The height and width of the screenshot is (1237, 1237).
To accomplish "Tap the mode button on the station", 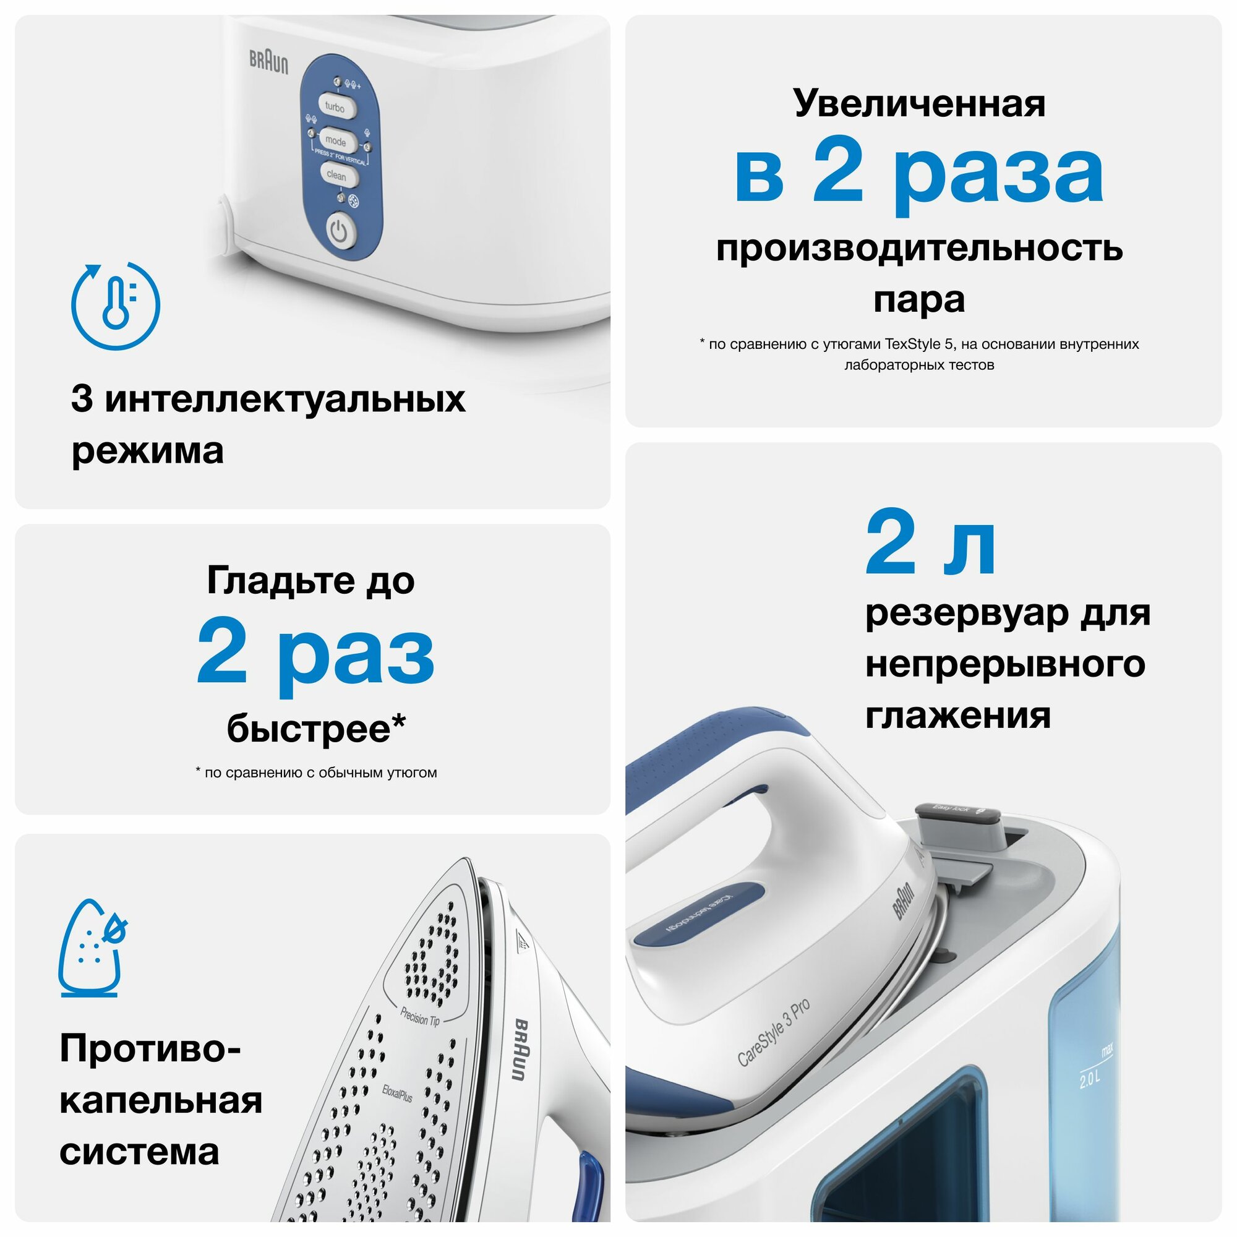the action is (335, 140).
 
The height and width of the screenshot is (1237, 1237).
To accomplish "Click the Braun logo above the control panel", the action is (269, 61).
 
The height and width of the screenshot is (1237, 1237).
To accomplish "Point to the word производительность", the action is (920, 249).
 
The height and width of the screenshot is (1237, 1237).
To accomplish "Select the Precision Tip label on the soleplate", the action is (420, 1016).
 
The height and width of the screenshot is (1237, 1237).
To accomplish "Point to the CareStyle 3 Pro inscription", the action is (774, 1033).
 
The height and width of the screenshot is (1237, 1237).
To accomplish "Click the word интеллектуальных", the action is (285, 399).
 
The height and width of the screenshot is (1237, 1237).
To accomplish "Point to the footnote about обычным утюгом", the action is (316, 773).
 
